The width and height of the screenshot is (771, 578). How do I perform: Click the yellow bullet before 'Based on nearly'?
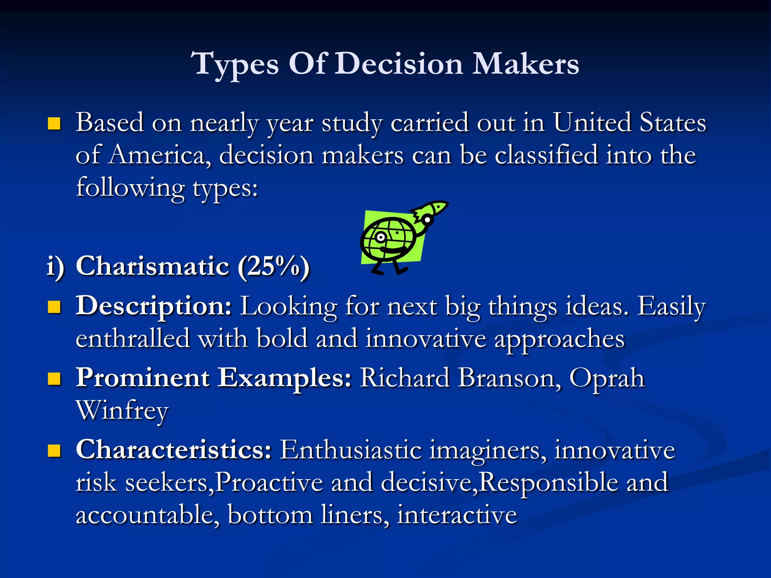click(x=55, y=123)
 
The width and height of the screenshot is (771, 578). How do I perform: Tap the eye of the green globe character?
click(x=381, y=237)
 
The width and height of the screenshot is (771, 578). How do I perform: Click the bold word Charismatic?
click(x=152, y=266)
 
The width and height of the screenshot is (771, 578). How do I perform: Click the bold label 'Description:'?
click(x=154, y=306)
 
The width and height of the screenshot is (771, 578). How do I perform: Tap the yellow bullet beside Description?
click(x=55, y=307)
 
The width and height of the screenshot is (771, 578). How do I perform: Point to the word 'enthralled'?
click(x=133, y=339)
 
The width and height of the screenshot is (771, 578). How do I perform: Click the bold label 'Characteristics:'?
click(x=174, y=449)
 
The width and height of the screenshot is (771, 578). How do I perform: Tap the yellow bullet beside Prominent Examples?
click(x=55, y=379)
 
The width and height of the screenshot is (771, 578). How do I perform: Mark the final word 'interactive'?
click(x=457, y=515)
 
